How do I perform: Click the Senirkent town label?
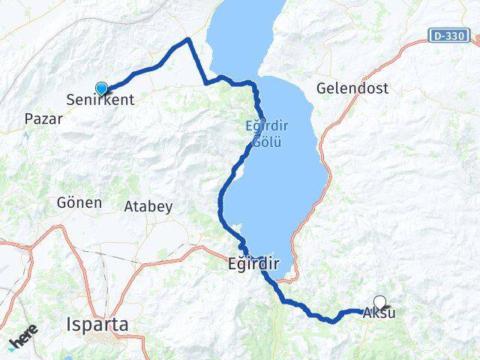pyautogui.click(x=100, y=99)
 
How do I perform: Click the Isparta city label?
pyautogui.click(x=97, y=325)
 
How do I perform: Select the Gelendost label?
pyautogui.click(x=352, y=88)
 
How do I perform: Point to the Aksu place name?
pyautogui.click(x=378, y=314)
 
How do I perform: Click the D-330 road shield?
pyautogui.click(x=450, y=35)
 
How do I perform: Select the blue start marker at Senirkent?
pyautogui.click(x=101, y=88)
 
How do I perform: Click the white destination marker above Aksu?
pyautogui.click(x=379, y=302)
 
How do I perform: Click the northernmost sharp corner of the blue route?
pyautogui.click(x=188, y=38)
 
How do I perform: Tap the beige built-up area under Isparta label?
pyautogui.click(x=101, y=344)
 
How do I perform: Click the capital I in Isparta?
pyautogui.click(x=69, y=325)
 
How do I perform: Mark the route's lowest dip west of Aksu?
pyautogui.click(x=331, y=321)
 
